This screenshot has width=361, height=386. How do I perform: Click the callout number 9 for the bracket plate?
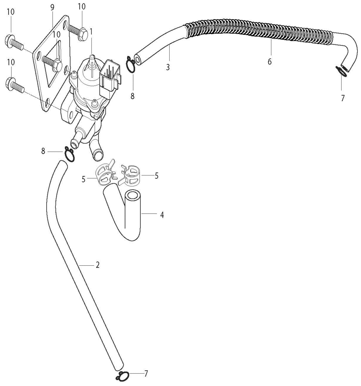click(52, 8)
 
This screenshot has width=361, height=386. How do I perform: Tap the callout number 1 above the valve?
click(91, 31)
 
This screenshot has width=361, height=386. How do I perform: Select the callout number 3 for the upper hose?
click(168, 67)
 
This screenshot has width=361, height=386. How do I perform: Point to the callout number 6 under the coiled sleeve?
click(270, 61)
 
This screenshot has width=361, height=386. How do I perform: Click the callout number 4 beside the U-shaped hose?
click(162, 215)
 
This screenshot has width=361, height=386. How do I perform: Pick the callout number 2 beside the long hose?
click(98, 265)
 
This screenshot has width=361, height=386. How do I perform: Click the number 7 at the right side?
click(343, 98)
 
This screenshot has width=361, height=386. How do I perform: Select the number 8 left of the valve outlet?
click(43, 151)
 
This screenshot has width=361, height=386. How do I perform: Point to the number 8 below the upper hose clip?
click(132, 96)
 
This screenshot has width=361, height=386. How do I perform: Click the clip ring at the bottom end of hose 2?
click(122, 376)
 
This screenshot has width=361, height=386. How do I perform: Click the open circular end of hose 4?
click(133, 195)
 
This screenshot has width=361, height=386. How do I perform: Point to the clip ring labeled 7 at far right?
click(342, 71)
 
